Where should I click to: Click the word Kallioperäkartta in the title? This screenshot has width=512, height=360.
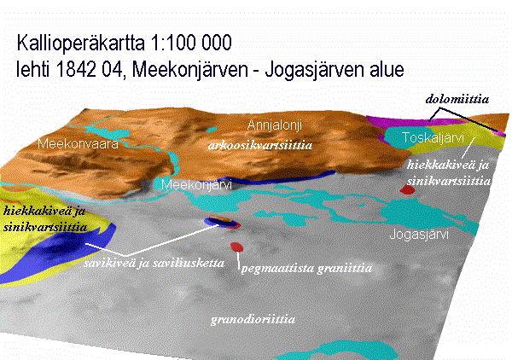81,44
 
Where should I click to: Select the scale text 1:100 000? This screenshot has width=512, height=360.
191,42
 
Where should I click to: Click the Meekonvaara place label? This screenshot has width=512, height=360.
78,144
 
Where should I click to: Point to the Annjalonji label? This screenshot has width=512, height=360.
275,125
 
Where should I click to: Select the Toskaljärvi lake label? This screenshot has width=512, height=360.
433,137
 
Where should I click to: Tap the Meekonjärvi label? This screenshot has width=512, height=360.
196,185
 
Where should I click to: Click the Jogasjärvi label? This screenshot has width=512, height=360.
419,234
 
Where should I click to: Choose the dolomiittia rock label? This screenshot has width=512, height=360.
457,99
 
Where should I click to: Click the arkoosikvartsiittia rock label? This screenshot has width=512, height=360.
260,145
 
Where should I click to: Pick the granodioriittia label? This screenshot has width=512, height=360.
253,319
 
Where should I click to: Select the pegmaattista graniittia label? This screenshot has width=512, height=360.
306,268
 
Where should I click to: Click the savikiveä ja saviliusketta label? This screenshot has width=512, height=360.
154,263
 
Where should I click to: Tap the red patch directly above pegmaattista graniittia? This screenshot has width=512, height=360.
236,247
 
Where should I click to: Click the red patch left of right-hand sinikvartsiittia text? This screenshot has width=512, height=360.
407,189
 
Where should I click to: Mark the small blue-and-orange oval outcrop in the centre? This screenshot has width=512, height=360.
222,222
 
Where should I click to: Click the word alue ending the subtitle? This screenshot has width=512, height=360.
387,69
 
